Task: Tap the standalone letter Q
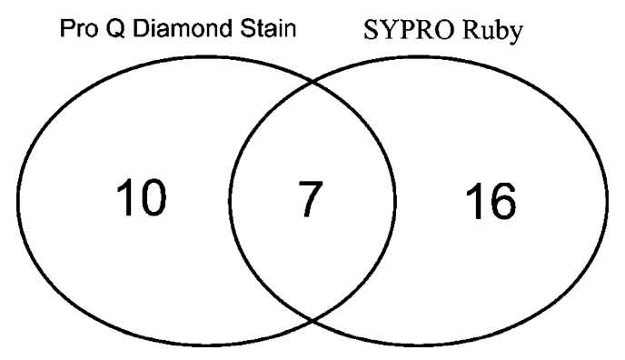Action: coord(115,29)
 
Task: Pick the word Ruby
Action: coord(492,32)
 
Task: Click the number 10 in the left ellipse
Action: coord(141,198)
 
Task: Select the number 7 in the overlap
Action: coord(311,199)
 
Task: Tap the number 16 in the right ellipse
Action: coord(491,201)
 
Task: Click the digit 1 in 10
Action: coord(124,198)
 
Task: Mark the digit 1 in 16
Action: coord(474,201)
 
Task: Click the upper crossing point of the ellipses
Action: coord(312,82)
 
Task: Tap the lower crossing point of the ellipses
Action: coord(312,320)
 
